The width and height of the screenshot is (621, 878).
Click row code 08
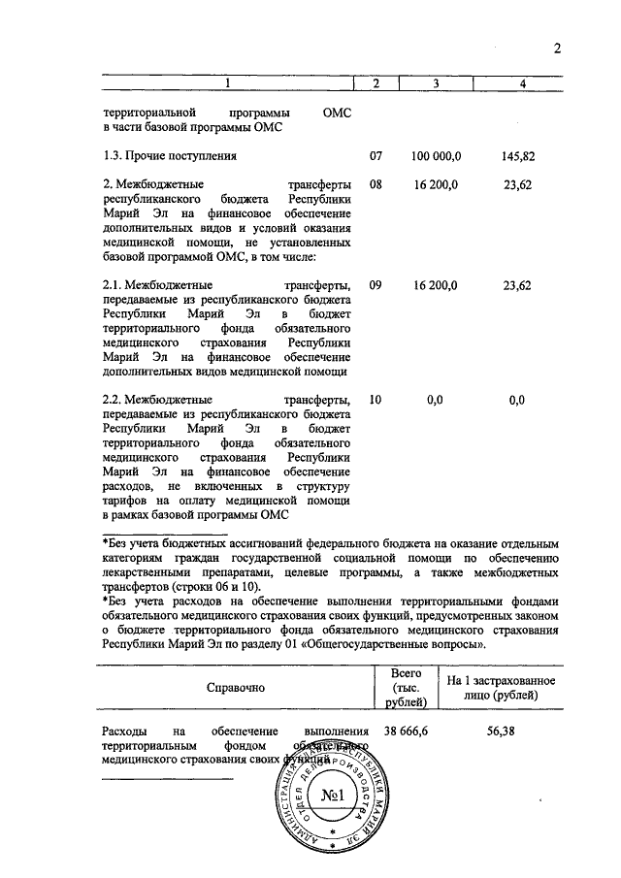(376, 184)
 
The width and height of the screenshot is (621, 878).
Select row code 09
(376, 286)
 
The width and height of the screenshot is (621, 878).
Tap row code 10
(376, 400)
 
